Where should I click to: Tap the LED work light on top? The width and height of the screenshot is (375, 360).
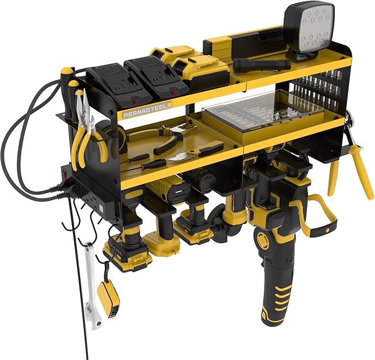309,28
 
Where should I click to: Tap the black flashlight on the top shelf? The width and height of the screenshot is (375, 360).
260,64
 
